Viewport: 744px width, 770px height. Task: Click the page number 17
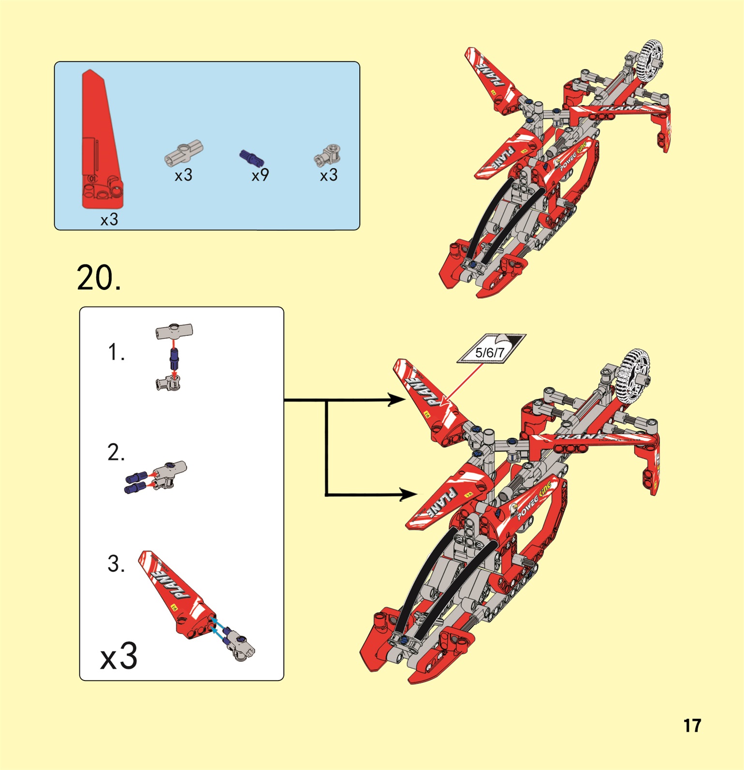click(x=692, y=726)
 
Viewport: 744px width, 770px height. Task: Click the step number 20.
click(x=98, y=278)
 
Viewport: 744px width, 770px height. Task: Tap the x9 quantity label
click(x=260, y=175)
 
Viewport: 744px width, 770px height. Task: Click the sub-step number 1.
click(x=116, y=352)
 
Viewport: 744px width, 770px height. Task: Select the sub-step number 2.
click(x=116, y=452)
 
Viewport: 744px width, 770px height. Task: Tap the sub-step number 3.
click(x=116, y=564)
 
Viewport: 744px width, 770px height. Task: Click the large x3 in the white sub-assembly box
click(x=119, y=656)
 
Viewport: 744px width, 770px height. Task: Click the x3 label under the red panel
click(x=109, y=219)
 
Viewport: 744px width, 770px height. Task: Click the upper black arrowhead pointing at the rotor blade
click(x=398, y=400)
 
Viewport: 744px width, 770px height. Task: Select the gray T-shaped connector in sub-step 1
click(x=174, y=331)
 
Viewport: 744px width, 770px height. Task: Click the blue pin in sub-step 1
click(x=174, y=359)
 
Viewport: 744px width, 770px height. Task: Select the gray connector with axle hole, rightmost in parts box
click(x=328, y=156)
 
